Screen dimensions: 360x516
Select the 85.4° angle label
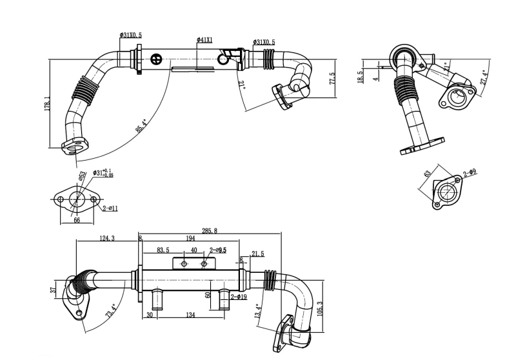(141, 125)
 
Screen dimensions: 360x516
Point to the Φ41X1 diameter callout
(204, 40)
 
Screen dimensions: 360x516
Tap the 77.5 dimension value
(332, 79)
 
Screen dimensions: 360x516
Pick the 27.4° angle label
(484, 75)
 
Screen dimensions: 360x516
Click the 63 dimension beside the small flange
(427, 174)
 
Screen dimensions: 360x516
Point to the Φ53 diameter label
(83, 175)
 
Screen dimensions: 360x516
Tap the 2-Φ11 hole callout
(110, 208)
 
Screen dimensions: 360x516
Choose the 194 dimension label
(190, 239)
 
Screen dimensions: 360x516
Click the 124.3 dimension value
(106, 239)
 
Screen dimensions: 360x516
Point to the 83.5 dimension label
(163, 250)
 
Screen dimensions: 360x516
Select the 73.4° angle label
(110, 312)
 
